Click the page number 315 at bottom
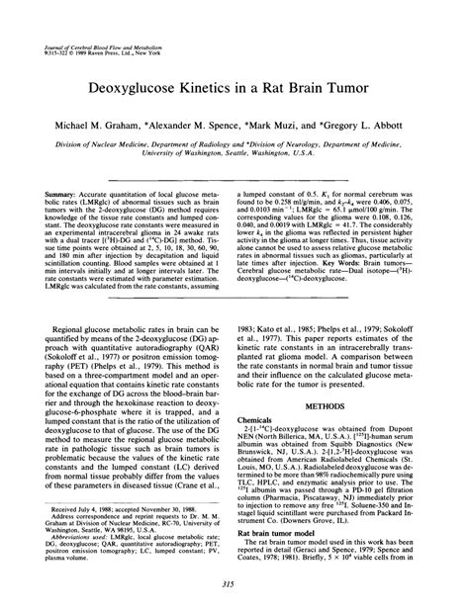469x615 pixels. tap(234, 584)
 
